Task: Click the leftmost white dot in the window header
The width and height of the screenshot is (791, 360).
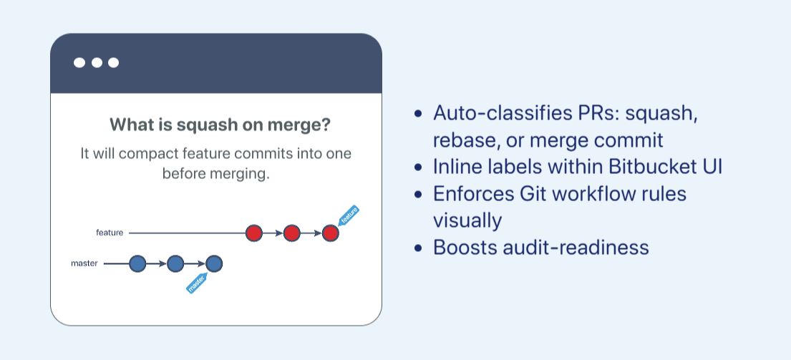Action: pos(79,63)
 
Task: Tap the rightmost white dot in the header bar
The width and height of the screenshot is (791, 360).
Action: pos(113,63)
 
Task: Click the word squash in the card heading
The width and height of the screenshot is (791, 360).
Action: pos(206,125)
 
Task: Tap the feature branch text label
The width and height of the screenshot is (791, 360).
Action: pos(110,233)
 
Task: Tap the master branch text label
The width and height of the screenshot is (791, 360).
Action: pos(84,263)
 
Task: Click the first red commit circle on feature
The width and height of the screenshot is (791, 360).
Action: pos(254,233)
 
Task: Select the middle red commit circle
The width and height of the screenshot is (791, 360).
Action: pos(291,233)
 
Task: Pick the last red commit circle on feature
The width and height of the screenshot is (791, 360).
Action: pos(330,233)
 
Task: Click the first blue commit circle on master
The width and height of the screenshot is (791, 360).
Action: pos(137,264)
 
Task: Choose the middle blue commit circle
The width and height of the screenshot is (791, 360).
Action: pos(175,264)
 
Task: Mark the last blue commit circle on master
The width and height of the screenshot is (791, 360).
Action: pos(214,264)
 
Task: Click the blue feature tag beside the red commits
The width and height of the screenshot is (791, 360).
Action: pos(349,215)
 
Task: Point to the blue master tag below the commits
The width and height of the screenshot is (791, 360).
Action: pos(196,283)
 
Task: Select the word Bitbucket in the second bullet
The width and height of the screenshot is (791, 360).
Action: pos(649,167)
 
